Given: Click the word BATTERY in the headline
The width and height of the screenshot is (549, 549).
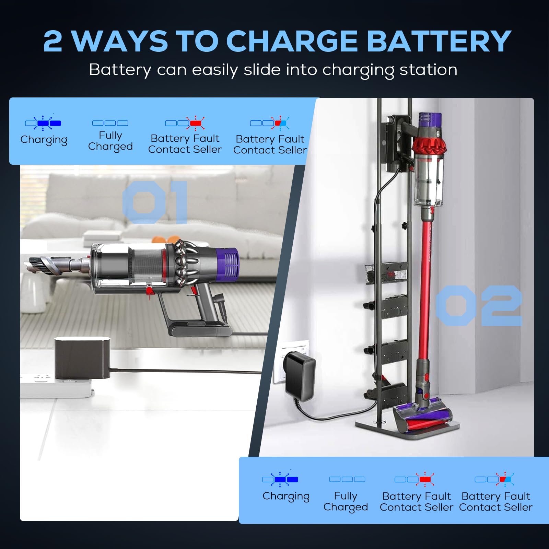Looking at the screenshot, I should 439,41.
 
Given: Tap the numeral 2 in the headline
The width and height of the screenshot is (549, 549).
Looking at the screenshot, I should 53,42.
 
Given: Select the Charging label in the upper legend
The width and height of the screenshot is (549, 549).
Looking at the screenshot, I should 44,140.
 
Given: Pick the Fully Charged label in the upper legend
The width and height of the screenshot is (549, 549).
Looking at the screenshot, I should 110,141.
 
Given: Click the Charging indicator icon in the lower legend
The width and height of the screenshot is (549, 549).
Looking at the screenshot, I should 280,479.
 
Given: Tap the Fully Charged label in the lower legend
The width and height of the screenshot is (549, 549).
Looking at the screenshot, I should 346,501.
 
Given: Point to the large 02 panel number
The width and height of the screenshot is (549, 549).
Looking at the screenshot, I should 479,305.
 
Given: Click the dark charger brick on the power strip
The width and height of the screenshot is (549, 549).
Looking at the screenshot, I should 82,358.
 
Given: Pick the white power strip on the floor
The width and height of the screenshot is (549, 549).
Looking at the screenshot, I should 55,386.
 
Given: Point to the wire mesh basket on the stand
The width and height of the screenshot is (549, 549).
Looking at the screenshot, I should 386,273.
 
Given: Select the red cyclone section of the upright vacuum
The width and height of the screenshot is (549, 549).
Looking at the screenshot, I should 429,144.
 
